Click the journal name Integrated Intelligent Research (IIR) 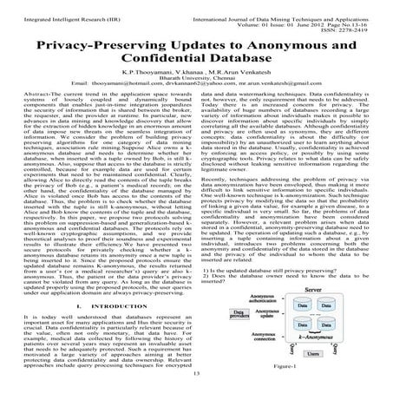pos(61,7)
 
